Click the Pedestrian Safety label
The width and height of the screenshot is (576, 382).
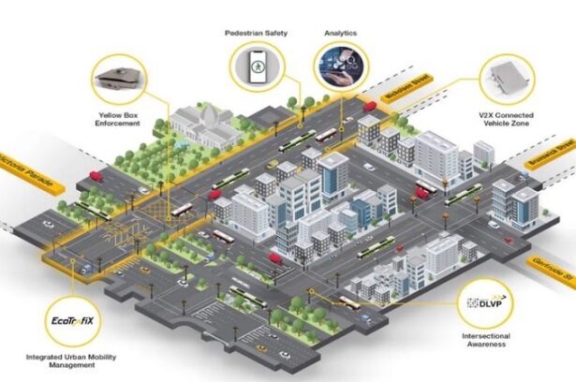tap(255, 34)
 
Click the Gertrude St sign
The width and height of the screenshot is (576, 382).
tap(555, 269)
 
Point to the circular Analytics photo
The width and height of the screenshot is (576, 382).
tap(341, 69)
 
